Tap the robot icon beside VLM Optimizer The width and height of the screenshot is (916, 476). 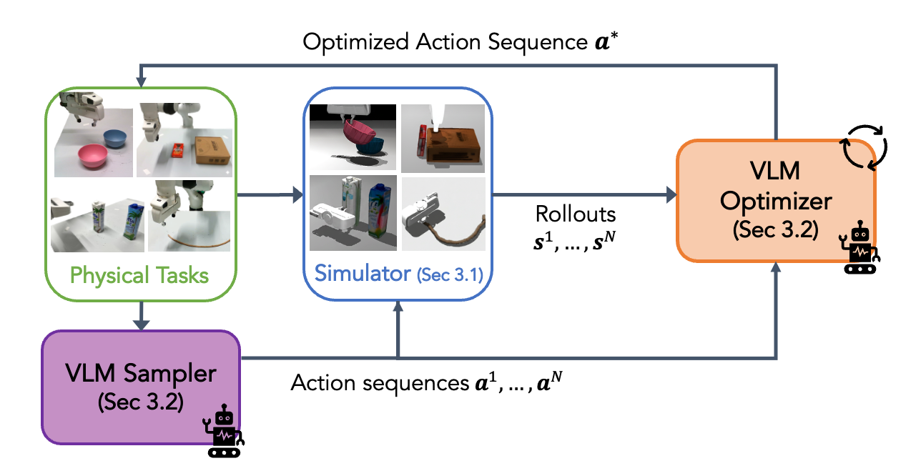pos(861,247)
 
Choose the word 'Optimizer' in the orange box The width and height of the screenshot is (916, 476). pos(775,202)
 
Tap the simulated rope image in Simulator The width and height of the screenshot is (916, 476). pos(443,214)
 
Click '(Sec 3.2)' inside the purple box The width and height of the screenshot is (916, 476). pos(141,402)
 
